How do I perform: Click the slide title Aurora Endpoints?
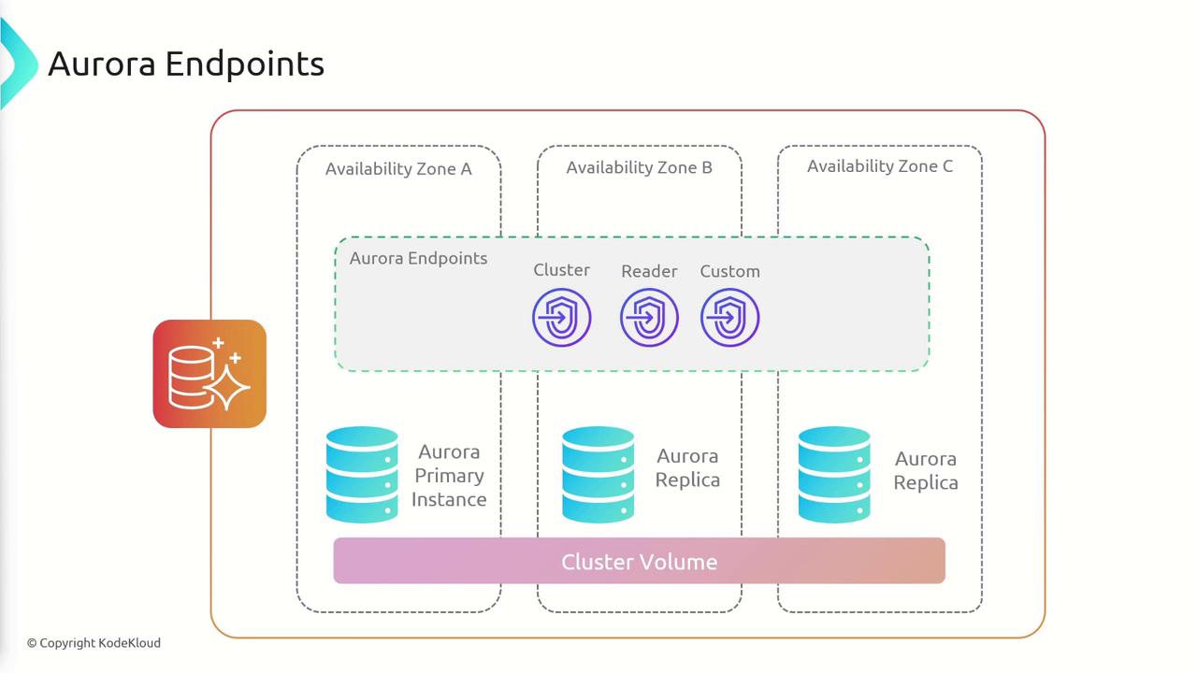pos(186,64)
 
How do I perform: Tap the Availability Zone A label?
pos(398,169)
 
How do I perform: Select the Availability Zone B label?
pos(639,167)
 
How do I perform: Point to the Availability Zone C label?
pos(880,166)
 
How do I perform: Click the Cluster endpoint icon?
pos(562,318)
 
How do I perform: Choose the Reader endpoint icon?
pos(649,318)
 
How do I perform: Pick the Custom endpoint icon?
pos(730,318)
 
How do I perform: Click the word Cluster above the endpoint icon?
pos(562,270)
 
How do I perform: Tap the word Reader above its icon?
pos(649,271)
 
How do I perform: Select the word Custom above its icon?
pos(730,271)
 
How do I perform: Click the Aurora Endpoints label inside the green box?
pos(418,258)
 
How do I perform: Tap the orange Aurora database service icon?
pos(209,374)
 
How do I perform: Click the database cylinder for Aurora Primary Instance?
pos(362,474)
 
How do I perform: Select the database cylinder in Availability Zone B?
pos(598,474)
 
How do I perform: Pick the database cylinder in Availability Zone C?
pos(834,474)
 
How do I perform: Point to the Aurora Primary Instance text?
pos(449,476)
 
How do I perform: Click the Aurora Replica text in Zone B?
pos(687,468)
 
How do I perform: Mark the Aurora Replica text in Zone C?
pos(926,471)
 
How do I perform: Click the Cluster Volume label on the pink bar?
pos(640,562)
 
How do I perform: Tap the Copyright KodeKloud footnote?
pos(94,643)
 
